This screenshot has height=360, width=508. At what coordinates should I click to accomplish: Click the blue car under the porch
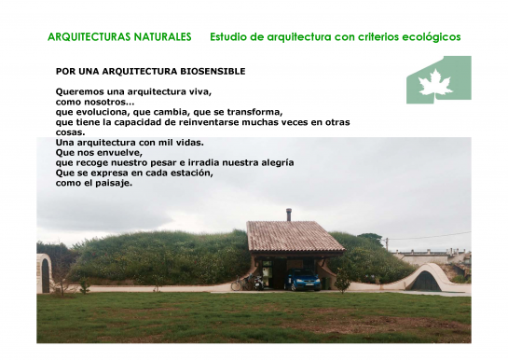coord(303,280)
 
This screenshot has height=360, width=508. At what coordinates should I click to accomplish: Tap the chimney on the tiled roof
coord(288,215)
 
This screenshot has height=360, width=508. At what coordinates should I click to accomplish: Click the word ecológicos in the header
coord(426,37)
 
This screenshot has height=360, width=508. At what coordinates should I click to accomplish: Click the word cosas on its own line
coord(71,132)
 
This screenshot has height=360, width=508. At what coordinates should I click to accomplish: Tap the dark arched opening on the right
coord(426,280)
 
